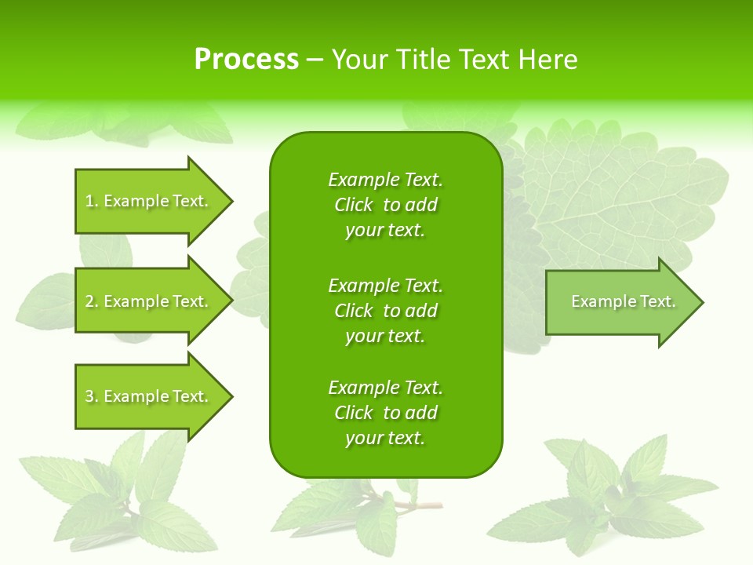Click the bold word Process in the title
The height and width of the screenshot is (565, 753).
click(x=246, y=60)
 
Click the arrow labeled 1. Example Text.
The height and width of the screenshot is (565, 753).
click(x=153, y=201)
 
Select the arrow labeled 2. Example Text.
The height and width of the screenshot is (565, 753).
click(x=153, y=301)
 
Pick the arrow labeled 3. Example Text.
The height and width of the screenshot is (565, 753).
click(x=153, y=396)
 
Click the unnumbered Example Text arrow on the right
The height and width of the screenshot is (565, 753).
click(x=624, y=302)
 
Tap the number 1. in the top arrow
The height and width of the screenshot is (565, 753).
click(x=92, y=202)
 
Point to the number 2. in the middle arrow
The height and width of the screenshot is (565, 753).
click(x=92, y=302)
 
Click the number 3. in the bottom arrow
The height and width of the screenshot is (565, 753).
click(x=92, y=397)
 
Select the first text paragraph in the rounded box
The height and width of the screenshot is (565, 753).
click(x=386, y=205)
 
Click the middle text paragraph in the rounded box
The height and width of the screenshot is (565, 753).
click(x=386, y=311)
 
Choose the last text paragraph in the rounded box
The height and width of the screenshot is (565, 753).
click(x=386, y=413)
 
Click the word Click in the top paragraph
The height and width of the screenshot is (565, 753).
click(x=353, y=206)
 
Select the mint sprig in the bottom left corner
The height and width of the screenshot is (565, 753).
click(x=118, y=494)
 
